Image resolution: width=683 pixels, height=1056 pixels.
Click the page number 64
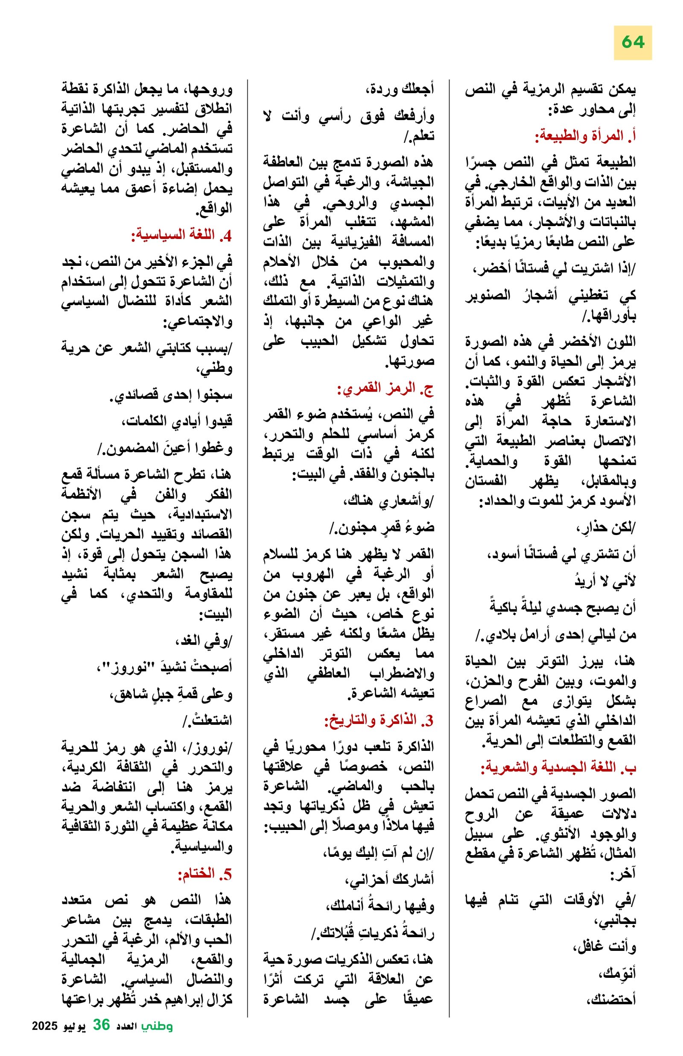633,42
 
